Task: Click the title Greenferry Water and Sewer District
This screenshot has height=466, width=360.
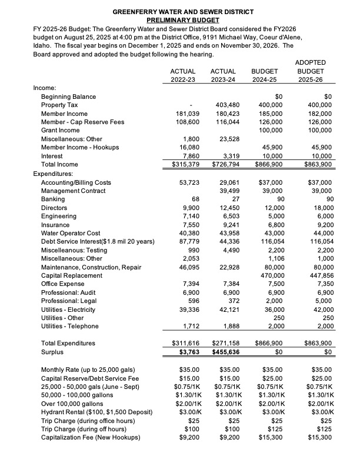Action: (x=179, y=12)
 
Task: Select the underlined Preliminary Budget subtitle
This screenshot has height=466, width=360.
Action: (x=179, y=19)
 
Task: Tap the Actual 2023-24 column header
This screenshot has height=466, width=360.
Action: (x=223, y=75)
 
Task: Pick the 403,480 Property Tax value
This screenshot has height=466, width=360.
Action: (x=223, y=105)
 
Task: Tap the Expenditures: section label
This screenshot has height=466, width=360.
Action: (x=53, y=174)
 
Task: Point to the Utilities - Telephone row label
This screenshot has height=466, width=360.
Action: (x=69, y=326)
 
